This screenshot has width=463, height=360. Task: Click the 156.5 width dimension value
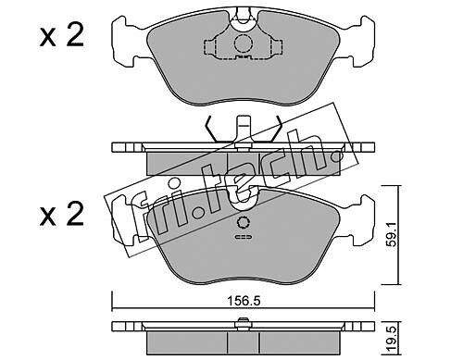(244, 301)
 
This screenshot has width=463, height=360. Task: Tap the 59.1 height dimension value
(392, 234)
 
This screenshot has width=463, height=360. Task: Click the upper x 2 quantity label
(62, 36)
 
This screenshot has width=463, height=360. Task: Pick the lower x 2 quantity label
(62, 214)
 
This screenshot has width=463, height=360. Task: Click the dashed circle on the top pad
(244, 43)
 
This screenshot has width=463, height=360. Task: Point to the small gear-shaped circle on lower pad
(244, 222)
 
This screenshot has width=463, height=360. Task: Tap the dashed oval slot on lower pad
(244, 237)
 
